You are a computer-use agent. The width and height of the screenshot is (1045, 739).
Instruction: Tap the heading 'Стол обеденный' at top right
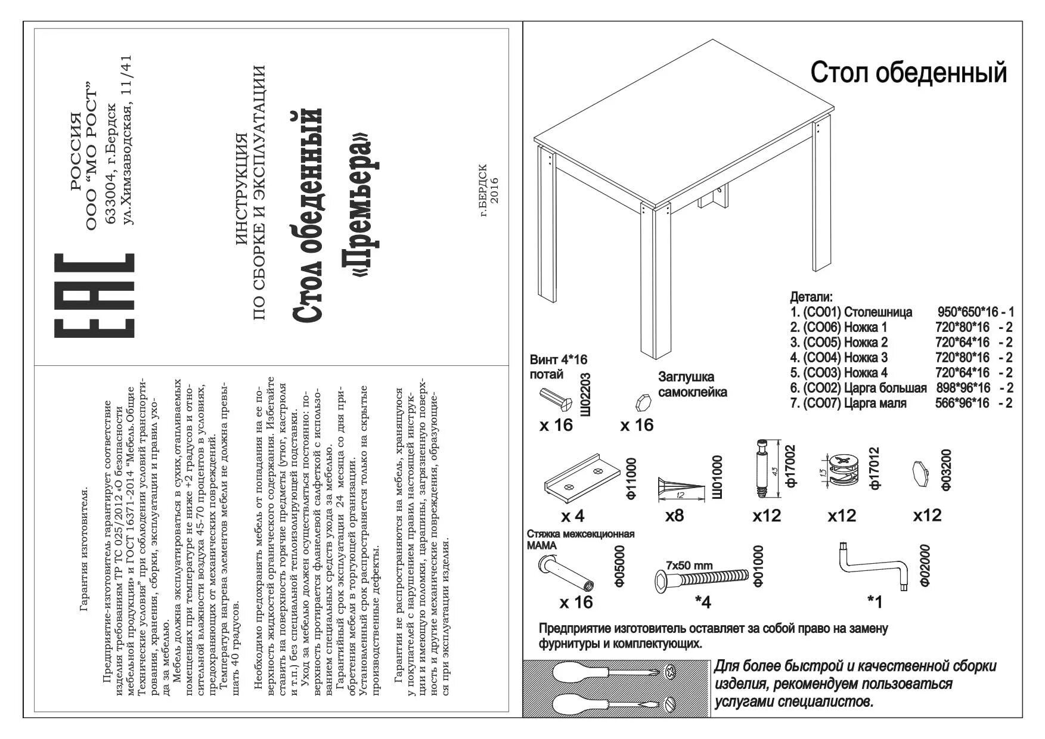click(x=908, y=73)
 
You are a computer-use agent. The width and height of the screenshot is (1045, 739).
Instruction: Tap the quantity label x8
click(x=675, y=515)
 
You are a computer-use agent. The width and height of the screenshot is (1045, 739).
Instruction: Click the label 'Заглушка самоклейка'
click(x=692, y=384)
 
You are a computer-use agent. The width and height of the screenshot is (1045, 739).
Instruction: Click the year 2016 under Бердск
click(x=494, y=191)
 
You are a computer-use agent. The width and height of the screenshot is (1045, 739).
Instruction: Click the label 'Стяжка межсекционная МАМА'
click(x=579, y=539)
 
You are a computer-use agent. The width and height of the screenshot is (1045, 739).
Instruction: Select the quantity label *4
click(x=703, y=603)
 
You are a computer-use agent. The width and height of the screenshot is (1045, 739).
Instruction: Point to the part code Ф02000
click(x=924, y=565)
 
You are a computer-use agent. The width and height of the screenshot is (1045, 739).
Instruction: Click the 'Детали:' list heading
click(x=811, y=297)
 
